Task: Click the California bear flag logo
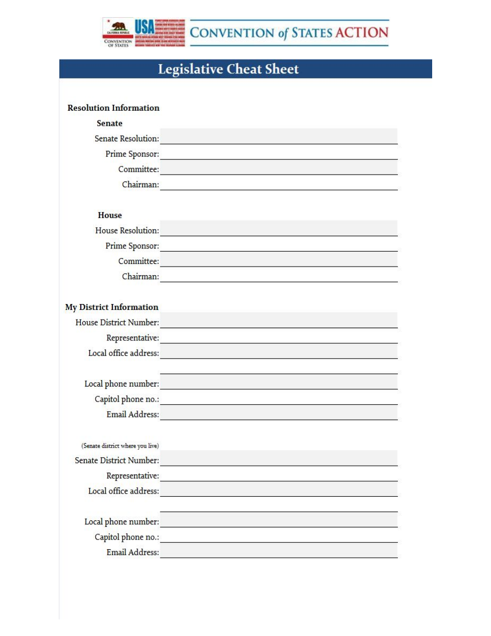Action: (118, 28)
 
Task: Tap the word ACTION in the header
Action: (362, 33)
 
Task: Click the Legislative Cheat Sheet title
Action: (228, 69)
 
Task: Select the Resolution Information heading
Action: (113, 108)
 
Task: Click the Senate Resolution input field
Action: (278, 137)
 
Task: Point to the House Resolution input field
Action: (278, 229)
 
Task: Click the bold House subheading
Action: (110, 215)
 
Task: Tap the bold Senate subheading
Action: (110, 124)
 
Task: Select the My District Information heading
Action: (112, 307)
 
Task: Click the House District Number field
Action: (278, 321)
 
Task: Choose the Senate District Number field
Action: (278, 459)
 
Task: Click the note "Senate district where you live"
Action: (120, 446)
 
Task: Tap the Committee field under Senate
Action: (278, 168)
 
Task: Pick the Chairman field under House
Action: (278, 276)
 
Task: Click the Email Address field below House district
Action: (278, 413)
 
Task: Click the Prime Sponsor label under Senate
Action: (132, 154)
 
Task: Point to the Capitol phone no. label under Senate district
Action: (127, 537)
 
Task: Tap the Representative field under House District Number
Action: (278, 337)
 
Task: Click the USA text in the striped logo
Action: (144, 26)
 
